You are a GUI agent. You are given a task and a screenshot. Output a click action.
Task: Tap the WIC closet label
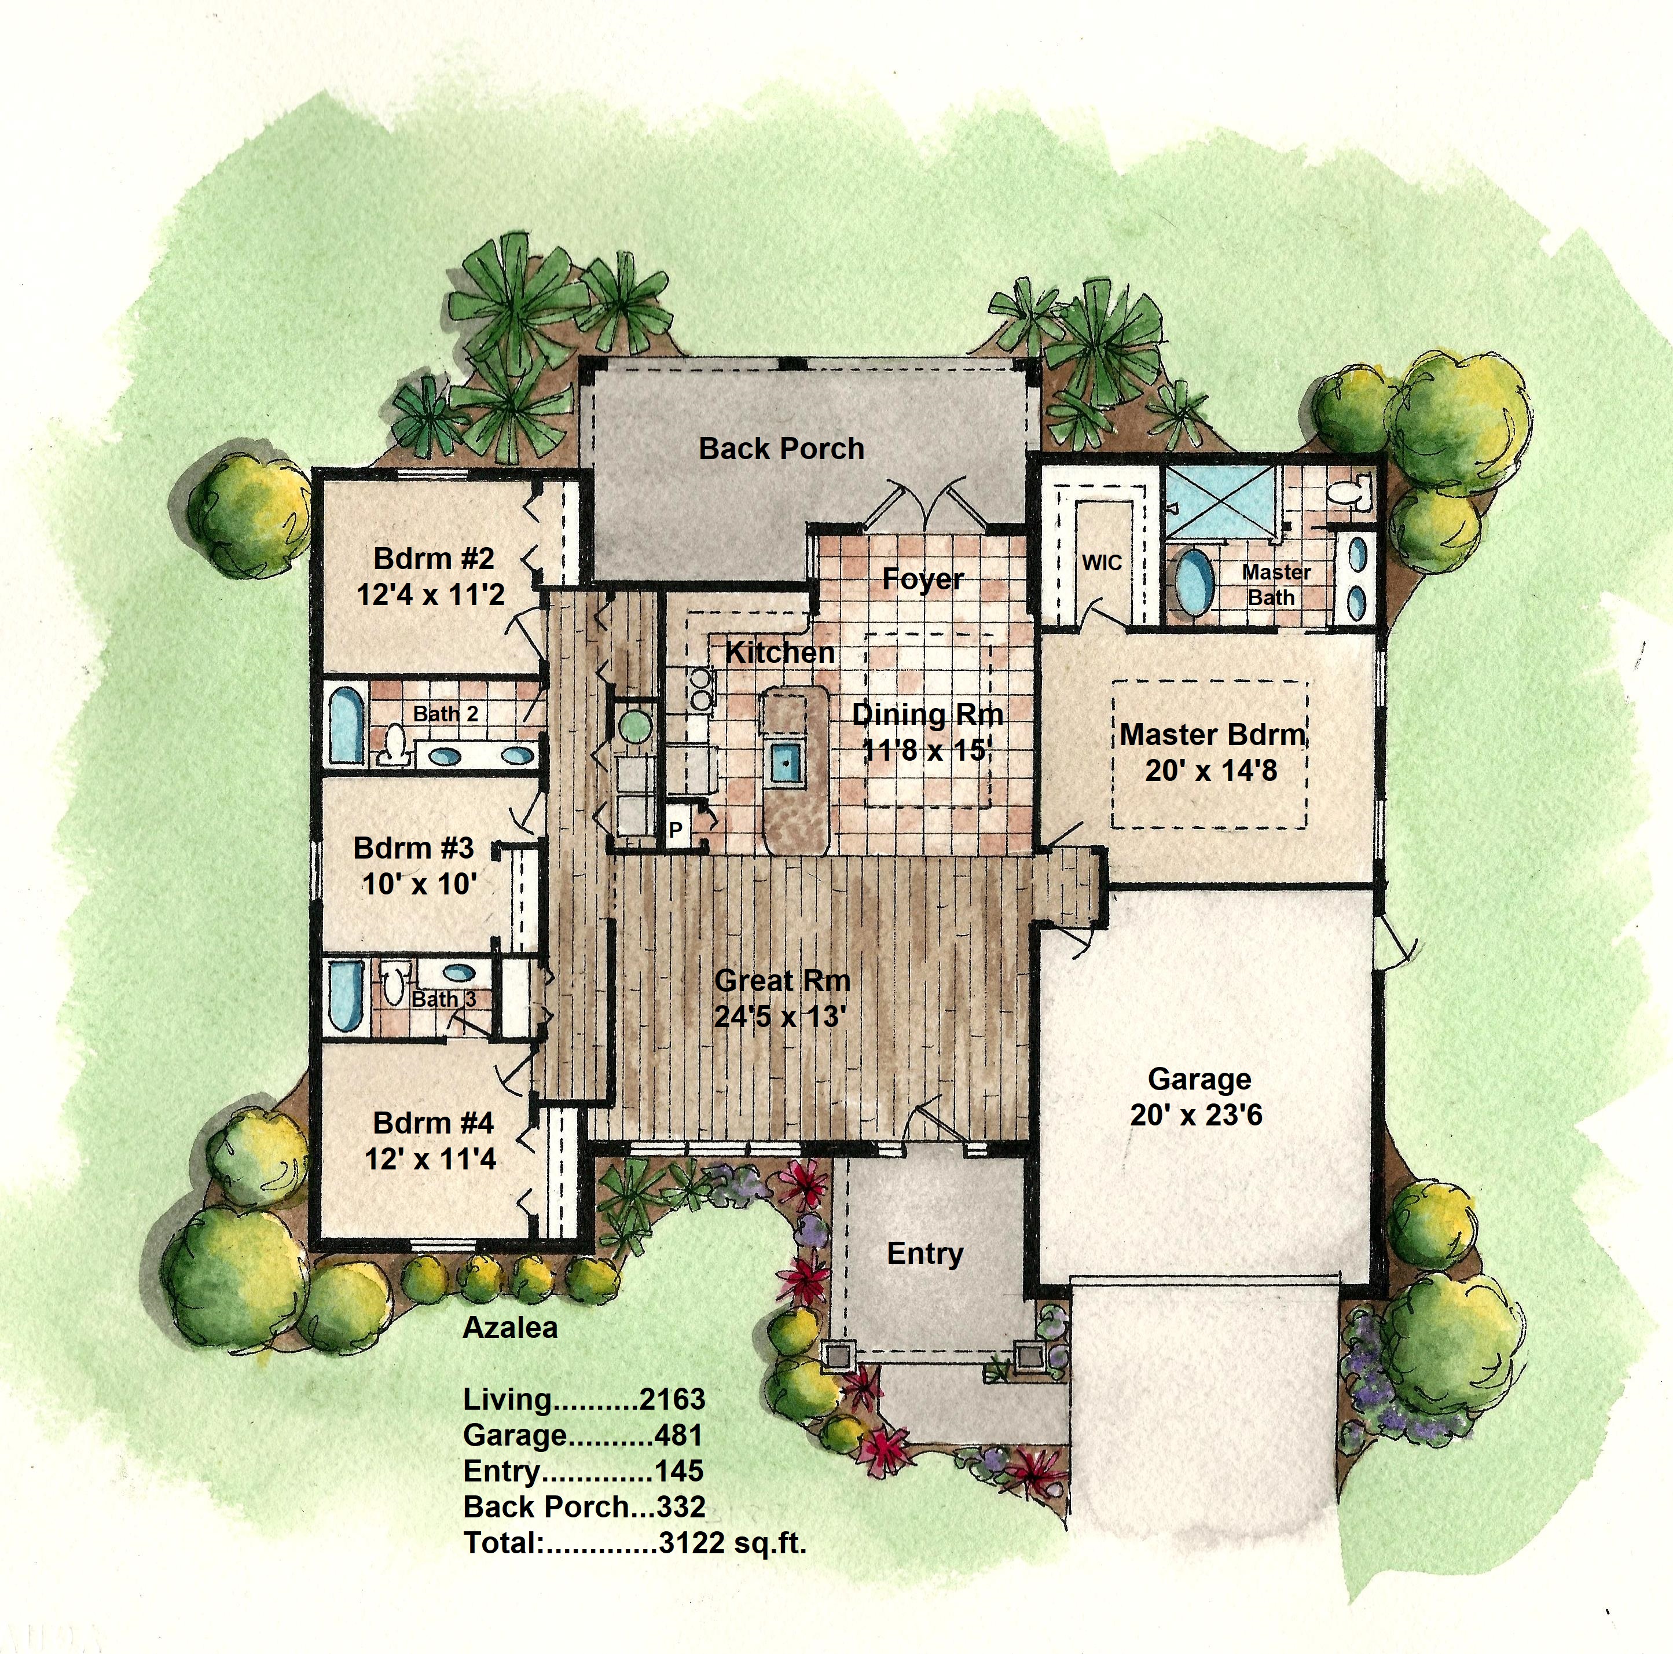pos(1102,563)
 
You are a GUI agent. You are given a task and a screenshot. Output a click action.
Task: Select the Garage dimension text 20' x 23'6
pos(1196,1114)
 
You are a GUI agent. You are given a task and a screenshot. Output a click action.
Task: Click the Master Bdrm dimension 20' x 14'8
pos(1210,770)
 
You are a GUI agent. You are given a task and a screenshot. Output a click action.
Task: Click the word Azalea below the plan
pos(510,1327)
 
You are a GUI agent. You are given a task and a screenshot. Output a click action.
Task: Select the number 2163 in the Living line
pos(672,1399)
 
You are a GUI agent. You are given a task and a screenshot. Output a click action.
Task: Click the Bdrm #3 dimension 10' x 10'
pos(420,884)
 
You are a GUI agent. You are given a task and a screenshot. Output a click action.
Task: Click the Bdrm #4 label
pos(433,1123)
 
